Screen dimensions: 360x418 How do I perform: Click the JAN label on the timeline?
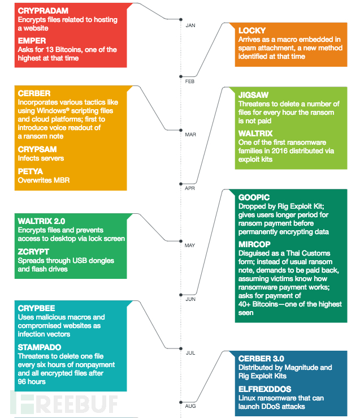point(190,25)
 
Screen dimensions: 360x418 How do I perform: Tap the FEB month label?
point(190,81)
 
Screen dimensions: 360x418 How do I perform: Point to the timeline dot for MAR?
point(181,130)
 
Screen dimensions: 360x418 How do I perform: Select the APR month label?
point(190,188)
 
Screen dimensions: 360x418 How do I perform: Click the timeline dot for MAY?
point(181,242)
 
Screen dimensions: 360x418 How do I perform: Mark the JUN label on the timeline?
point(190,299)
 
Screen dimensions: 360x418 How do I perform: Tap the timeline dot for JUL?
point(181,348)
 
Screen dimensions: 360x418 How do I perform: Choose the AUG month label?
point(190,406)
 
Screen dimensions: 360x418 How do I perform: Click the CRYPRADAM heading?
point(43,11)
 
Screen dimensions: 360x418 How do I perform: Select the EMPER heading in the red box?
point(32,41)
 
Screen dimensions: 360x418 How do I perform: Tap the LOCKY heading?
point(252,31)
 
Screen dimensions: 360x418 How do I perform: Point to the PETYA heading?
point(31,171)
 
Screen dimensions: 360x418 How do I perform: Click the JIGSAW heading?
point(254,95)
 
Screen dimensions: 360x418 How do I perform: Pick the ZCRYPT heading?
point(33,252)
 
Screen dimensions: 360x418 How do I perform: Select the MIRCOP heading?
point(254,244)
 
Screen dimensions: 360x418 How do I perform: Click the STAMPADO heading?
point(40,347)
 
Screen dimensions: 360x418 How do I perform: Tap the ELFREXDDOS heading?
point(264,389)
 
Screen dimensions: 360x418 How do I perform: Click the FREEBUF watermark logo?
point(64,403)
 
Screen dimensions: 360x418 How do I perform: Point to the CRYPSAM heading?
point(37,149)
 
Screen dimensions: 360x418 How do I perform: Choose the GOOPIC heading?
point(254,197)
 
